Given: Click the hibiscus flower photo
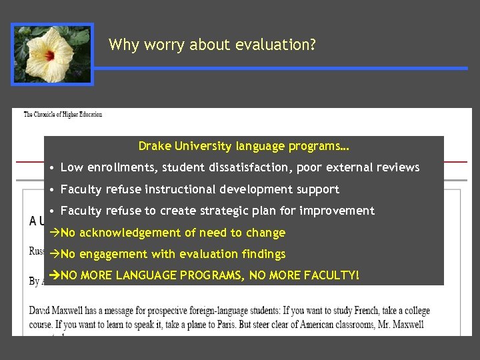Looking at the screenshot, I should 52,54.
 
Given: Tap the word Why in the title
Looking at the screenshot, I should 123,45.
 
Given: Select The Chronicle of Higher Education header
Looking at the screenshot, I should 63,115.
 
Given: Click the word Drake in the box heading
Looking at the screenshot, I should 154,146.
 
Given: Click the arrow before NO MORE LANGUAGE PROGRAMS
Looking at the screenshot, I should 55,275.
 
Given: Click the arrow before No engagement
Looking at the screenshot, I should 55,254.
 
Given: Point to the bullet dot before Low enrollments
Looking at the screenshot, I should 52,167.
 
